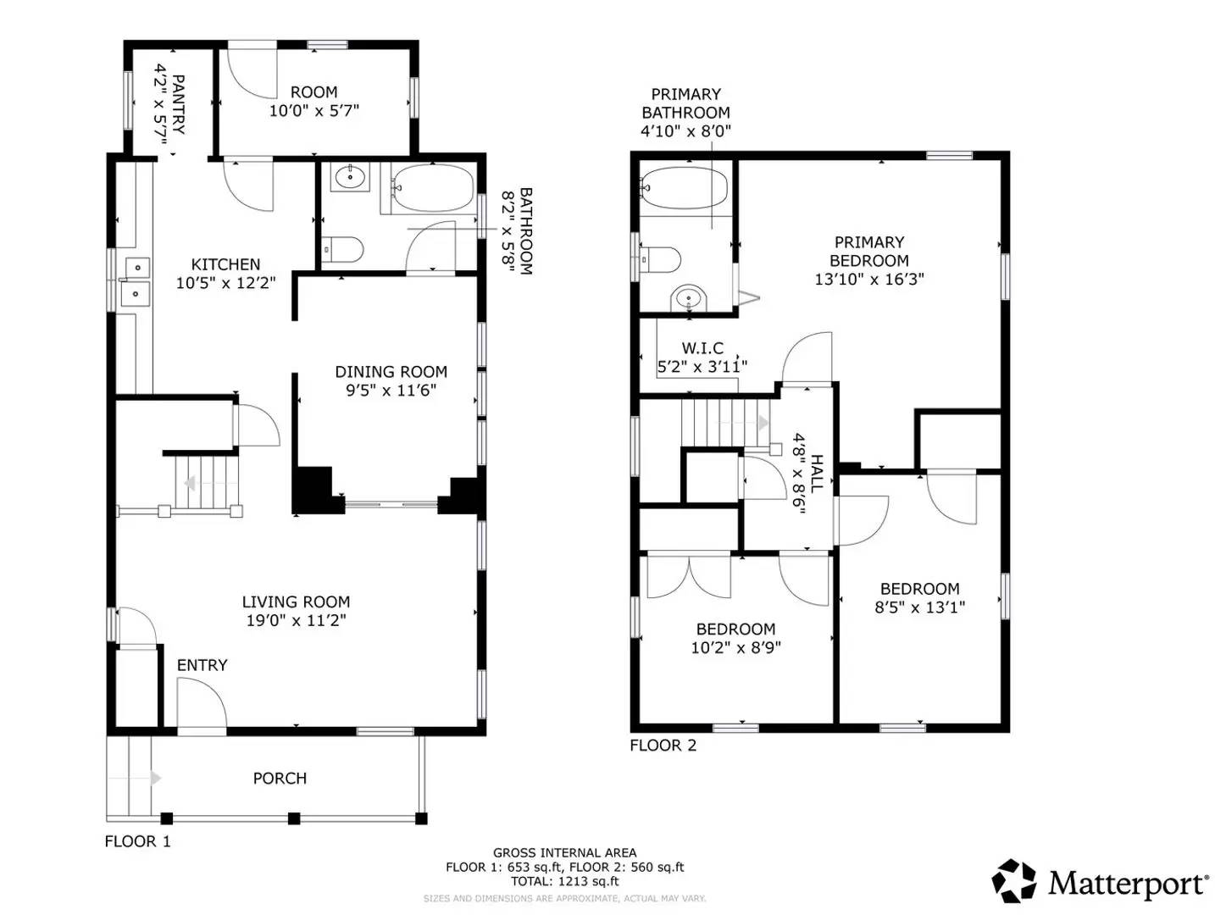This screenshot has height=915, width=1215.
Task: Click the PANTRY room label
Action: point(179,104)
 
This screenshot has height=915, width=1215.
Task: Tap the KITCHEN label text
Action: point(225,264)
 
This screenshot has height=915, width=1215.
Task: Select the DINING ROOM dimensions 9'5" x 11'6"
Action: point(391,391)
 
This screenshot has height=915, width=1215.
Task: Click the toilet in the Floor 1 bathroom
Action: point(342,250)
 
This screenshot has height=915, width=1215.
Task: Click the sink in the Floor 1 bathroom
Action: point(349,178)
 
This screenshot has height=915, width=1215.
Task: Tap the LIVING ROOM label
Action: point(296,602)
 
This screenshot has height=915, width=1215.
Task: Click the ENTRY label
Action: point(202,665)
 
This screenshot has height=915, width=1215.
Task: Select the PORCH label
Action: point(280,778)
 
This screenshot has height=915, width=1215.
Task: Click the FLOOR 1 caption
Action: point(137,841)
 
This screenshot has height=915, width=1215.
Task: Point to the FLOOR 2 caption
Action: point(663,746)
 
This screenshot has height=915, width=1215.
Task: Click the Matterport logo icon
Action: point(1014,881)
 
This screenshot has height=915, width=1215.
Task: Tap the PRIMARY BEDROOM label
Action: point(869,252)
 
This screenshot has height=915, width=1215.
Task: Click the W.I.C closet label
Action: point(702,348)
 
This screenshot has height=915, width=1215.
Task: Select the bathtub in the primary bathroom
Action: point(685,188)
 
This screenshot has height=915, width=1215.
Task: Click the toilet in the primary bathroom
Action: point(660,259)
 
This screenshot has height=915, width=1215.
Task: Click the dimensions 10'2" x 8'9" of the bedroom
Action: point(735,647)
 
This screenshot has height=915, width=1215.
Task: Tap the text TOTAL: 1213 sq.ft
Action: point(564,881)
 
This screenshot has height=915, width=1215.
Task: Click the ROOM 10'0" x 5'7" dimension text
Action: point(314,110)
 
